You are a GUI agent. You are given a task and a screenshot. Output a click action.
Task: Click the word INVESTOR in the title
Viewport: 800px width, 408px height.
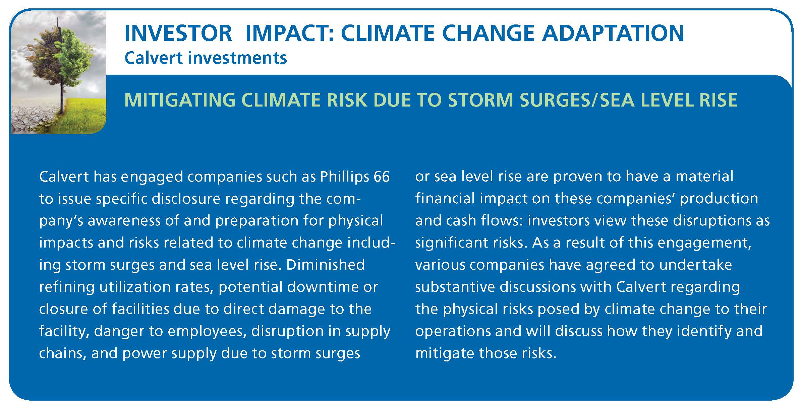click(178, 33)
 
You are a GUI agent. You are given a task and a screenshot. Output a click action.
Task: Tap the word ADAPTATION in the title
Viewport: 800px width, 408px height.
click(613, 33)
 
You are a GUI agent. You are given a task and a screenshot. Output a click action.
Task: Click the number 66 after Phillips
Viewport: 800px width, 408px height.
click(382, 177)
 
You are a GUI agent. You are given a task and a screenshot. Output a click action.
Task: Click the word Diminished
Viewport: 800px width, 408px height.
click(325, 265)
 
